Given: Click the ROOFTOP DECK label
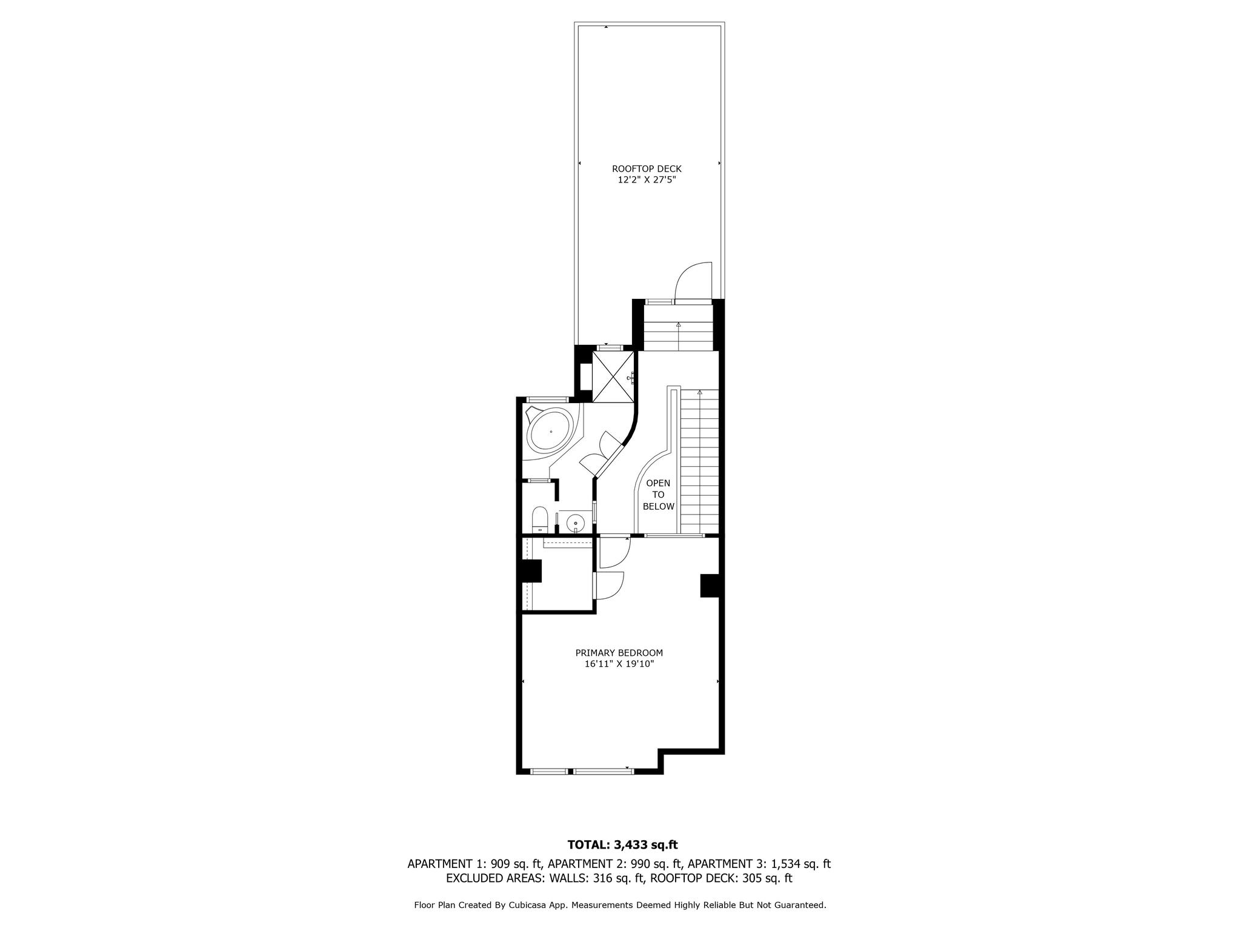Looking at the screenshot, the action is [x=647, y=169].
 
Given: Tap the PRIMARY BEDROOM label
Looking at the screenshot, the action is [x=619, y=653].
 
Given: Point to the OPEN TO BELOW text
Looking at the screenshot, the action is [x=658, y=495].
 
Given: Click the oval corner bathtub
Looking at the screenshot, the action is [x=127, y=432].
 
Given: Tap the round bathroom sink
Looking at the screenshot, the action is [x=575, y=522].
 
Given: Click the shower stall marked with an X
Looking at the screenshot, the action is [x=613, y=376].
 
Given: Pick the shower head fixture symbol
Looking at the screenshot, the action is [x=631, y=378].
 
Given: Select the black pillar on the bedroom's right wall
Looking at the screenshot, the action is [x=710, y=586].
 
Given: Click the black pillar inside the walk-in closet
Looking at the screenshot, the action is [x=531, y=571].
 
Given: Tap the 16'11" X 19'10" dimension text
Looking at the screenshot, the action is [x=619, y=664].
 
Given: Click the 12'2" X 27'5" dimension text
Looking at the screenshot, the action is [x=647, y=180].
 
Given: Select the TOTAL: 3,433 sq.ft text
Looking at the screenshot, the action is [x=622, y=844].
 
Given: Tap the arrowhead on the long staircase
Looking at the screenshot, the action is [x=700, y=392].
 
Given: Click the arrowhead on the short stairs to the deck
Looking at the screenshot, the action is [x=679, y=325].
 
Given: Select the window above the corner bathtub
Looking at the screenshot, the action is [x=547, y=399].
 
